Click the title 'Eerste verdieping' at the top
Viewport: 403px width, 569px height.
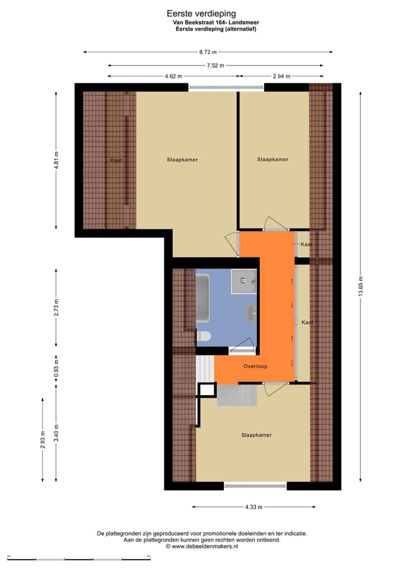pyautogui.click(x=201, y=13)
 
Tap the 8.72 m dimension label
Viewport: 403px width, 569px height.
pyautogui.click(x=208, y=52)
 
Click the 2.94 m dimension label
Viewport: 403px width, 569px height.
pyautogui.click(x=282, y=76)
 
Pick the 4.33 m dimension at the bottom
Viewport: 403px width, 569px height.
pyautogui.click(x=254, y=507)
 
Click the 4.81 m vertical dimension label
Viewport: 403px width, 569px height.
pyautogui.click(x=57, y=161)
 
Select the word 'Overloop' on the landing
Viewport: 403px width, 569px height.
pyautogui.click(x=255, y=366)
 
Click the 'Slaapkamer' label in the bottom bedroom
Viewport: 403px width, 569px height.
pyautogui.click(x=256, y=435)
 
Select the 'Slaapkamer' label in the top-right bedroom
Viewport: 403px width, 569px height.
pyautogui.click(x=273, y=159)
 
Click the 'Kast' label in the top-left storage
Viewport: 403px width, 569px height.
pyautogui.click(x=116, y=161)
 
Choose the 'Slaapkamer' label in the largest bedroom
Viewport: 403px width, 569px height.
pyautogui.click(x=182, y=159)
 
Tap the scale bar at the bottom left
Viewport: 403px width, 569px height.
pyautogui.click(x=79, y=558)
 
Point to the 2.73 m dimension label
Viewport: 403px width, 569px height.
pyautogui.click(x=57, y=307)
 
